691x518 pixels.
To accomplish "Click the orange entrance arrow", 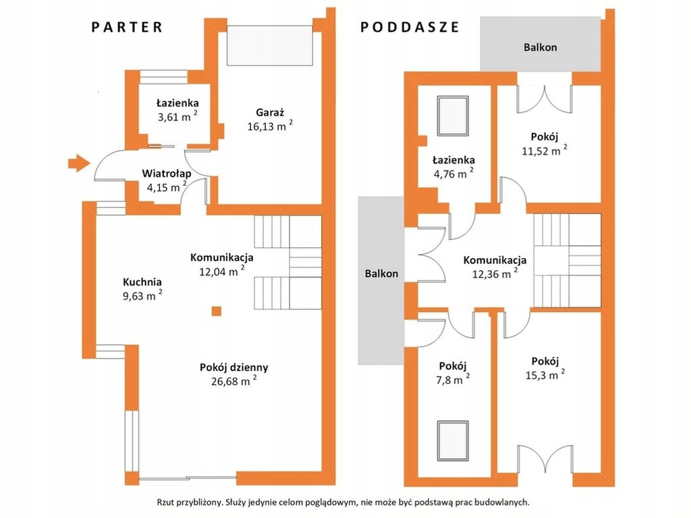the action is (x=79, y=163).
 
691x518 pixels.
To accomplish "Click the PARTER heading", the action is (x=127, y=27).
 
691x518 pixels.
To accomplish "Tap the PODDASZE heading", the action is (x=410, y=27).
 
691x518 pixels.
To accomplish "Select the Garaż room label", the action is (x=270, y=113).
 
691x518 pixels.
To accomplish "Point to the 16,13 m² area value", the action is (x=270, y=126).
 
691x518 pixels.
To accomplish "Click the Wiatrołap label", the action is (x=167, y=174).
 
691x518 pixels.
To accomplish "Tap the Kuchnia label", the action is (x=142, y=282).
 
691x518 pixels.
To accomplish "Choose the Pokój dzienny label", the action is (x=234, y=367).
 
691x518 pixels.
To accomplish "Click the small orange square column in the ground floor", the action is (x=216, y=311).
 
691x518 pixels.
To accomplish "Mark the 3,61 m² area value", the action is (x=177, y=117).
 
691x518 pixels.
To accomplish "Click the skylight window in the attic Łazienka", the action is (x=453, y=116).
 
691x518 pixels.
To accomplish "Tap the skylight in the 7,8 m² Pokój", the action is (x=453, y=441).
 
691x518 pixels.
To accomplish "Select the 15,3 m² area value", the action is (x=545, y=375).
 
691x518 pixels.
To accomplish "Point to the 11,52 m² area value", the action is (x=545, y=151).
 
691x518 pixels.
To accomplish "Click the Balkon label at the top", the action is (x=541, y=47).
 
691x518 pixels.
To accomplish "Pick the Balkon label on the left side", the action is (x=381, y=274).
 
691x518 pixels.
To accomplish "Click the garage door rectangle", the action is (x=270, y=45).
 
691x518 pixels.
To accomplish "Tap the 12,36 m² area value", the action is (x=495, y=274).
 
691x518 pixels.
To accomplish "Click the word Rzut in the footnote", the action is (x=165, y=502).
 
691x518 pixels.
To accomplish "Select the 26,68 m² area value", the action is (x=234, y=381).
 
